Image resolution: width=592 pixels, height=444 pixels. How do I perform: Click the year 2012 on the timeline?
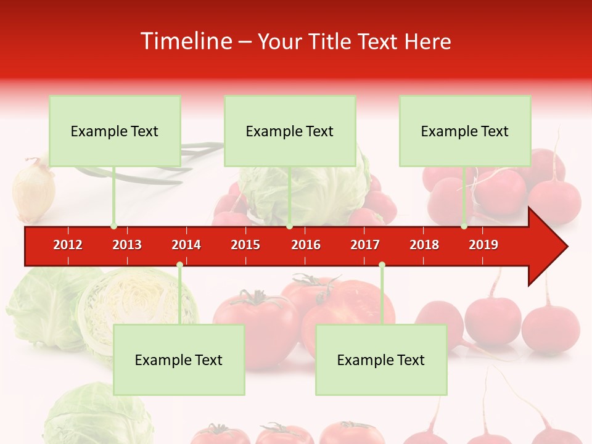(68, 245)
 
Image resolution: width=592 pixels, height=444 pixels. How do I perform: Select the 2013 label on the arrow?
(127, 245)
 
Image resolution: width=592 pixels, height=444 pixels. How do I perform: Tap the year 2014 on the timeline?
(186, 245)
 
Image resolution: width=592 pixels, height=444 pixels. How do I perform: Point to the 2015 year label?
(245, 245)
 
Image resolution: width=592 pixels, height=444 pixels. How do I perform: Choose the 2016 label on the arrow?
(306, 245)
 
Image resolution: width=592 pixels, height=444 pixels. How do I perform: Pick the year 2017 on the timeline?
(365, 245)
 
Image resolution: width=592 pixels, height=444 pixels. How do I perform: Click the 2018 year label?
(424, 245)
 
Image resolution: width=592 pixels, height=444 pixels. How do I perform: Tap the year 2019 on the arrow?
(483, 245)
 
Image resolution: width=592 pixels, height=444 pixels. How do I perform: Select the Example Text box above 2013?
(115, 131)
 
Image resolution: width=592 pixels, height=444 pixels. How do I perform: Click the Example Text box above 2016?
(290, 131)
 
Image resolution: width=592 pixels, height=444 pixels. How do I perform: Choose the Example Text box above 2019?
(465, 131)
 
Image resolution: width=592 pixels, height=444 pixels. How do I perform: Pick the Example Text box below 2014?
(179, 360)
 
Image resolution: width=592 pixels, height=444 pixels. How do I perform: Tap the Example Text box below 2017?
(381, 360)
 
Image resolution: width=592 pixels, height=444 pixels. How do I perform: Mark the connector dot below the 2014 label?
(179, 265)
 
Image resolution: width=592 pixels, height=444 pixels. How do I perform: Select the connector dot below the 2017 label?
(382, 265)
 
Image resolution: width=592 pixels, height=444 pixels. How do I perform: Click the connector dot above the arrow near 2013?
(113, 226)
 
